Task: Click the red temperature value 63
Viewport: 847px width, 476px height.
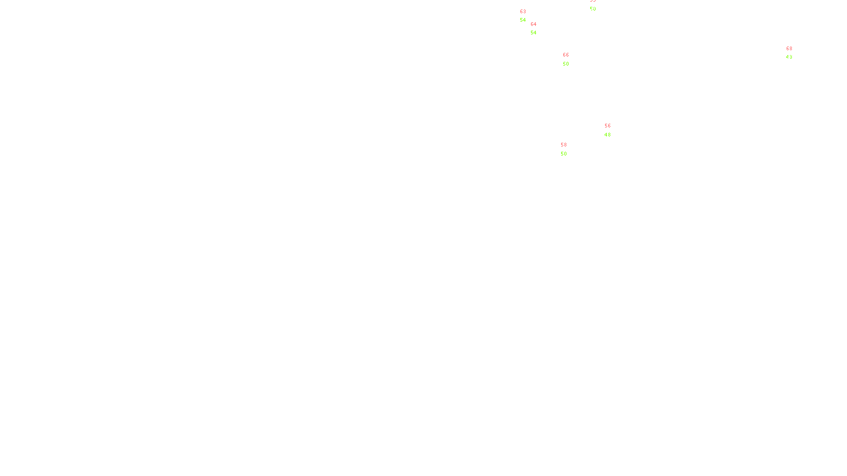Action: pos(523,12)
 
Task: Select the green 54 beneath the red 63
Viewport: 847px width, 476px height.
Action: pos(523,20)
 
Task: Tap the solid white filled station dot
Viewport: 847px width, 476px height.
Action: pos(528,16)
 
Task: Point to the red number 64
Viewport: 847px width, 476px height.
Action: pos(534,24)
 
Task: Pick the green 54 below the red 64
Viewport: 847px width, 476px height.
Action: pos(534,33)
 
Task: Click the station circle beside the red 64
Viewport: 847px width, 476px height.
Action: pos(538,29)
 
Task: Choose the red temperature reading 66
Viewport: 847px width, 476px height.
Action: pos(566,55)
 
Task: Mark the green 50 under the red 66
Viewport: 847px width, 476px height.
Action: pos(566,64)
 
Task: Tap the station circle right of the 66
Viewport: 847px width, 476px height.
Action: pos(571,59)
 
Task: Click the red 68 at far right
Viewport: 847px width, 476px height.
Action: pos(789,49)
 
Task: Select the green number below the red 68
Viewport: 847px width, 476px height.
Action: pos(789,57)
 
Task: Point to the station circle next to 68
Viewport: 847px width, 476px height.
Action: pos(794,53)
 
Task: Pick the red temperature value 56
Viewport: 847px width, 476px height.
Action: pos(608,126)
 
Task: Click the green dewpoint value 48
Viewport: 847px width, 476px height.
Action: pos(608,135)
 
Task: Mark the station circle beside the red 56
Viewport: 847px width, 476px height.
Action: pos(612,130)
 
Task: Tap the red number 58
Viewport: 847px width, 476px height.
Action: pos(564,145)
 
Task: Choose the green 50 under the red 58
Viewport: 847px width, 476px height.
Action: pos(564,154)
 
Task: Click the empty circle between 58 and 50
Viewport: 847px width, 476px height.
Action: pos(569,149)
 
